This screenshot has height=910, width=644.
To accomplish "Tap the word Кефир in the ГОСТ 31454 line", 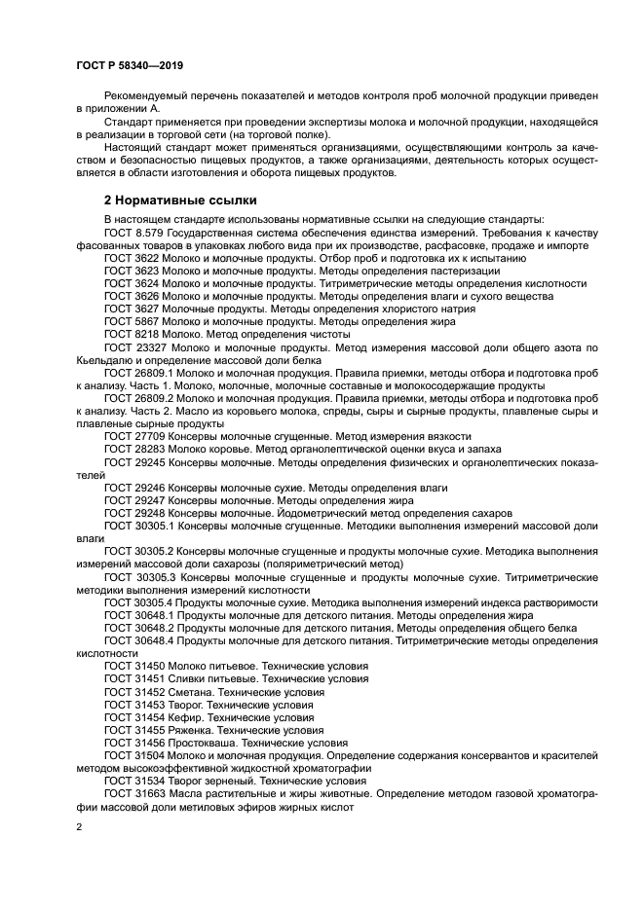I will pyautogui.click(x=185, y=716).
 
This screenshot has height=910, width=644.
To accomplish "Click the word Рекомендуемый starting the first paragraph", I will pyautogui.click(x=147, y=98).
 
